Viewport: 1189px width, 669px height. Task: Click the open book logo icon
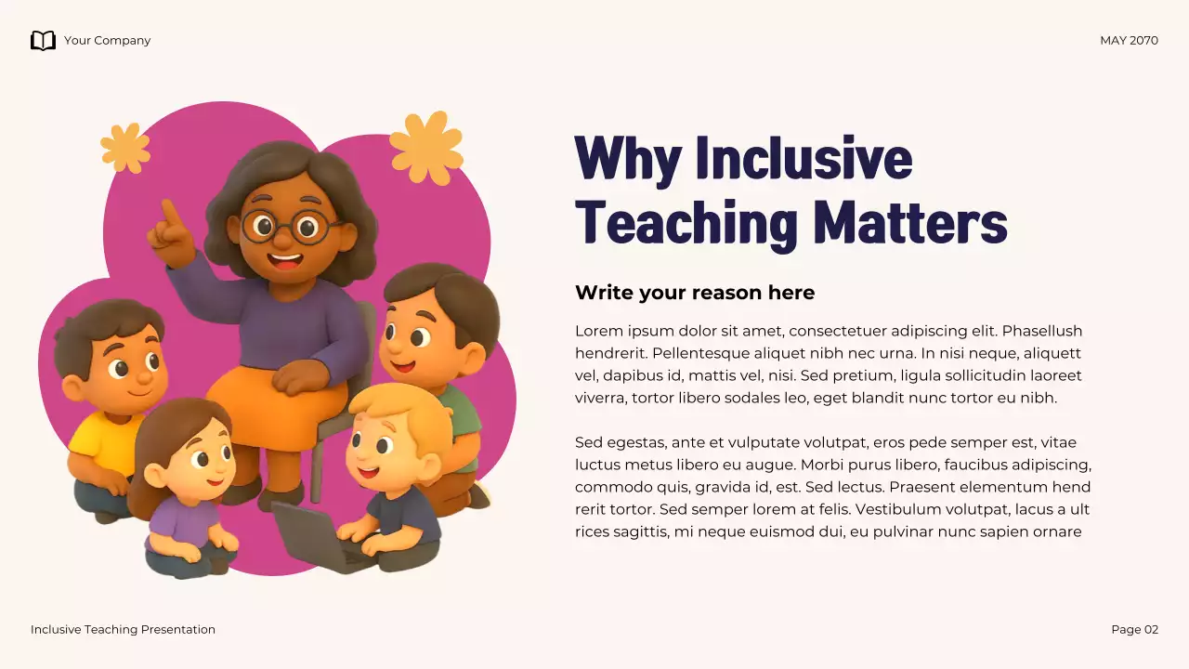[x=43, y=40]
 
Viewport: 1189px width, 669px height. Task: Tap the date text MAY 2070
[x=1129, y=41]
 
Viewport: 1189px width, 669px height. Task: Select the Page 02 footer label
[x=1134, y=630]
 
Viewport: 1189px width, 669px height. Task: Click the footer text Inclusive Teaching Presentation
[x=123, y=630]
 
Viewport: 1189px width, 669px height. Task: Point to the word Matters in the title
[x=909, y=223]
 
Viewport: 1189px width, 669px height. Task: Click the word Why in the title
[x=628, y=158]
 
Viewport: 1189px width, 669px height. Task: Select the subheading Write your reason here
[x=694, y=293]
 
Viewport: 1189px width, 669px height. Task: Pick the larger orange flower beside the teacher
[x=426, y=147]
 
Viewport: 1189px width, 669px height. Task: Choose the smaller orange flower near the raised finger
[x=125, y=147]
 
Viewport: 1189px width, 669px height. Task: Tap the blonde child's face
[x=384, y=444]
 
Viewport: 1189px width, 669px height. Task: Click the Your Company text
[x=107, y=41]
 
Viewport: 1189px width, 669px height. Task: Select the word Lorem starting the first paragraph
[x=598, y=331]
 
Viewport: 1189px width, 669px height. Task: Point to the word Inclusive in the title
[x=804, y=158]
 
